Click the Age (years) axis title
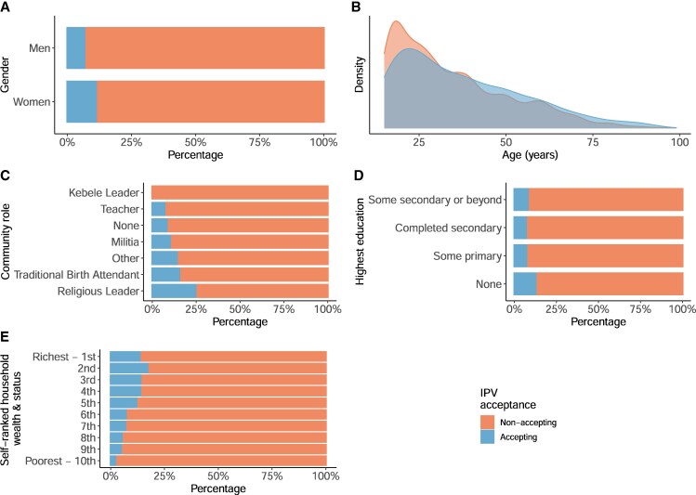pos(531,157)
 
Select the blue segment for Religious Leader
pos(174,291)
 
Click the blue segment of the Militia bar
pos(161,241)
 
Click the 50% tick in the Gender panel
pos(196,143)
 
